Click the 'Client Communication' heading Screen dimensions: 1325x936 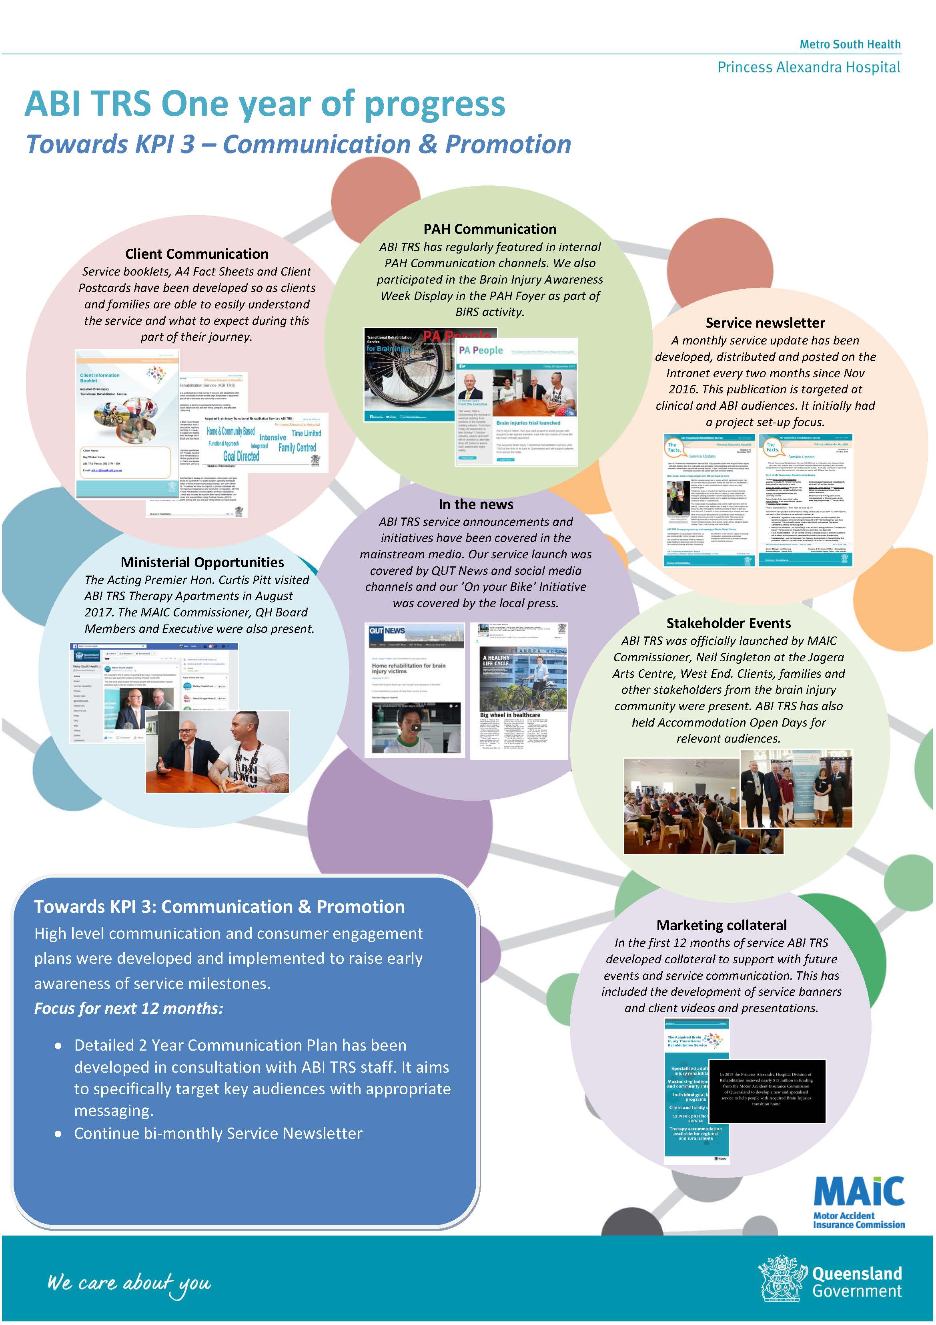tap(196, 254)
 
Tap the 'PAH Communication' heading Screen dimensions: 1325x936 tap(490, 229)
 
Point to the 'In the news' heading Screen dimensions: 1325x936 tap(475, 504)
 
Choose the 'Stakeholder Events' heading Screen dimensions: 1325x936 tap(728, 623)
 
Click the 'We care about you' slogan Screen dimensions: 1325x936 tap(129, 1283)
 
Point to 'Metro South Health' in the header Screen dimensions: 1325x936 tap(850, 44)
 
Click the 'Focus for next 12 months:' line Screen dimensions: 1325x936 tap(128, 1008)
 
